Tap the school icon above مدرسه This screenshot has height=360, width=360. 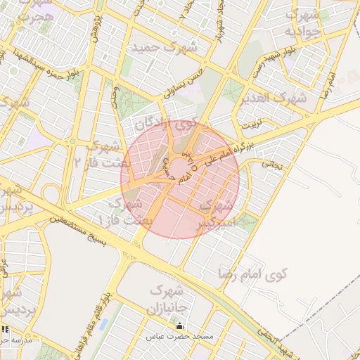[6, 329]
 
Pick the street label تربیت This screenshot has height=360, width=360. [250, 126]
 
